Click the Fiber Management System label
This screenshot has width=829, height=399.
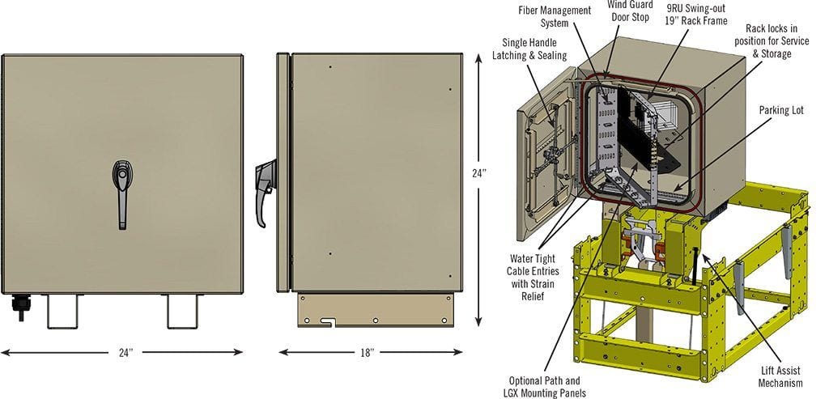[x=555, y=17]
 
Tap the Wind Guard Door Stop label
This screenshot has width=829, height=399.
[x=630, y=11]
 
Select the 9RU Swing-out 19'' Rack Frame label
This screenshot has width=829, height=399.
[x=696, y=15]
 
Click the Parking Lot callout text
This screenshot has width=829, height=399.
[x=781, y=109]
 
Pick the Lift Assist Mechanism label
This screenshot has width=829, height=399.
[x=780, y=376]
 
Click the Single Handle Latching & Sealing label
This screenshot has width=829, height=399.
[x=529, y=49]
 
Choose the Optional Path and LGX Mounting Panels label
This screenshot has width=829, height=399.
[x=544, y=386]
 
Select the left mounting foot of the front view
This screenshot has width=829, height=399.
[x=63, y=311]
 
